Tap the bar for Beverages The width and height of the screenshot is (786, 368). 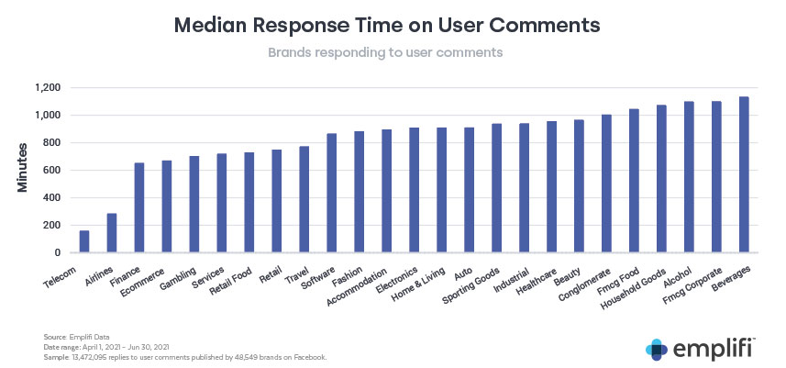click(x=744, y=174)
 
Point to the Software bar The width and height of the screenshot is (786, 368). click(x=331, y=193)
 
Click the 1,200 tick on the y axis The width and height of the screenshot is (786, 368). click(x=45, y=88)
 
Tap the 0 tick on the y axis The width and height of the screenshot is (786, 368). click(x=57, y=253)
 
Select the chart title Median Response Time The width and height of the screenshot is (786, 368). click(x=393, y=25)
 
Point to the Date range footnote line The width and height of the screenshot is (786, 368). click(x=107, y=347)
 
